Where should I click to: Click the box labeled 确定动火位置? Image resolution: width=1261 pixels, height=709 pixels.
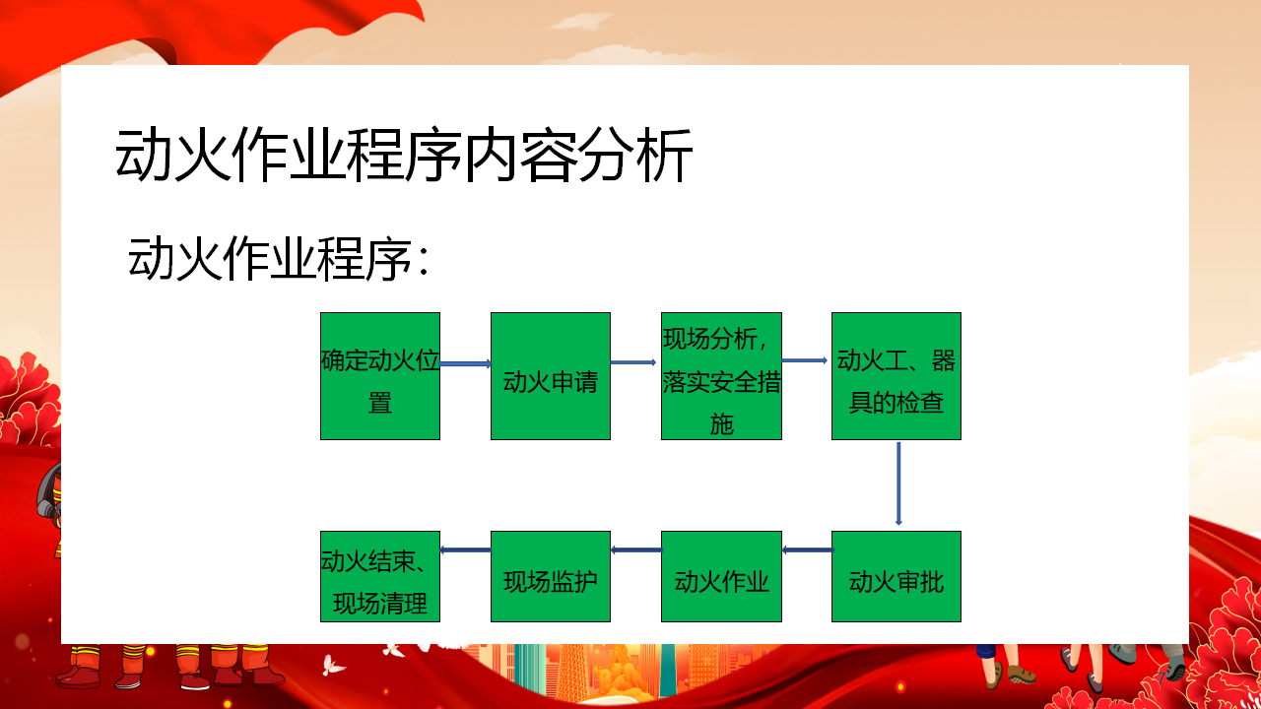380,376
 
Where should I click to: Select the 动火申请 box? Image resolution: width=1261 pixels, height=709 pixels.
551,376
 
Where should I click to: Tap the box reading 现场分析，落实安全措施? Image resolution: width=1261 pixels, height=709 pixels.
721,376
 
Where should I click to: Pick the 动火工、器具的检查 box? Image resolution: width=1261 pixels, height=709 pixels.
896,376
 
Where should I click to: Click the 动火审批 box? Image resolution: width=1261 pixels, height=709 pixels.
896,576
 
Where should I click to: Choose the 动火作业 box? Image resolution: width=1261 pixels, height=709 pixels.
721,576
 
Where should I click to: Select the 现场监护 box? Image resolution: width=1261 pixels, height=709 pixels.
551,576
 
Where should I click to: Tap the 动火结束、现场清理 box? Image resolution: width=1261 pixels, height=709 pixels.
380,576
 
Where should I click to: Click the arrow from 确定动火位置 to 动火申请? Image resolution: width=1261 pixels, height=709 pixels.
466,364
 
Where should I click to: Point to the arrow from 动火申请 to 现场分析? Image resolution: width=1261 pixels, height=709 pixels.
633,362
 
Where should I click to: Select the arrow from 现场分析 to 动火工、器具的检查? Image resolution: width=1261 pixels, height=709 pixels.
805,360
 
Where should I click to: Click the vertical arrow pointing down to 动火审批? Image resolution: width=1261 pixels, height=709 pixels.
898,483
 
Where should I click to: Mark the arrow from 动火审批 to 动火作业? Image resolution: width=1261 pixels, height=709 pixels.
808,549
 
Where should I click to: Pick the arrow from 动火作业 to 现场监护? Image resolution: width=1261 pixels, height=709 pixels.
636,549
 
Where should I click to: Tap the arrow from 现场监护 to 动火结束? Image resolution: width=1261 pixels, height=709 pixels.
466,549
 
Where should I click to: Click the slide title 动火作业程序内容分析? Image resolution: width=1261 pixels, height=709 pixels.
404,155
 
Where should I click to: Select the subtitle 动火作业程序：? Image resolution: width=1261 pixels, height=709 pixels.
279,259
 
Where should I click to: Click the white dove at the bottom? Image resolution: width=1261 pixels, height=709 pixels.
333,665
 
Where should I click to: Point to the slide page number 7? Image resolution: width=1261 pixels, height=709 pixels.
1161,678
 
